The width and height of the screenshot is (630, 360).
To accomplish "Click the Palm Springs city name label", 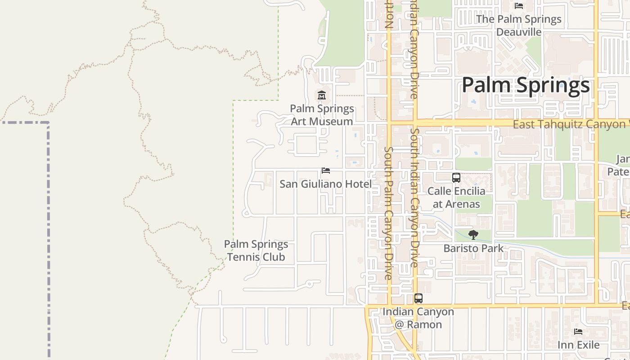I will (x=526, y=85).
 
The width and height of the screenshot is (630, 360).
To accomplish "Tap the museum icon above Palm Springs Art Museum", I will (x=322, y=95).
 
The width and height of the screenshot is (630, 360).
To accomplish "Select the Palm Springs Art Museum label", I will (x=322, y=115).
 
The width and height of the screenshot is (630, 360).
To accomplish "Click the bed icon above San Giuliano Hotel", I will (x=326, y=171).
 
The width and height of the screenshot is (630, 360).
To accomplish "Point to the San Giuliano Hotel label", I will (x=326, y=184).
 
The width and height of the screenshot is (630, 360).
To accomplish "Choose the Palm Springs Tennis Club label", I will (x=256, y=251).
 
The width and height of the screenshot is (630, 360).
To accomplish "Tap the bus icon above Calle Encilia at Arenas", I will (x=456, y=178).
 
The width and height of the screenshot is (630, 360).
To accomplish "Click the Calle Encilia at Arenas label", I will (x=456, y=198).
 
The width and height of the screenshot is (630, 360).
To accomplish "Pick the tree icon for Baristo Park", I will (x=473, y=234).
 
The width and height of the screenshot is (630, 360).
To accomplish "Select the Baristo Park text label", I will (x=473, y=248).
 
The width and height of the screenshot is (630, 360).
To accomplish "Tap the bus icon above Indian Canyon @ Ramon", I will (x=418, y=298).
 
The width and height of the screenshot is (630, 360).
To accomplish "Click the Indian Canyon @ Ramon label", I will (x=418, y=318).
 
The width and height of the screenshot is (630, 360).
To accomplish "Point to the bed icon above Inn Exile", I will (x=578, y=332).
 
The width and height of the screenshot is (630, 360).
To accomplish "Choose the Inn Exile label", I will (x=579, y=345).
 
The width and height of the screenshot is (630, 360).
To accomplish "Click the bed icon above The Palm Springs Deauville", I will (x=519, y=6).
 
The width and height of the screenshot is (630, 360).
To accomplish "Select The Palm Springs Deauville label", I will (x=519, y=26).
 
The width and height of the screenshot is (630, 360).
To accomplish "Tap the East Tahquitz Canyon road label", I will (x=569, y=124).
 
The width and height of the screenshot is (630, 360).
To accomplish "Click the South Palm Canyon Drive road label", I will (x=389, y=212).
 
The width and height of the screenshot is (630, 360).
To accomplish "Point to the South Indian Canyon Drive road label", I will (x=414, y=198).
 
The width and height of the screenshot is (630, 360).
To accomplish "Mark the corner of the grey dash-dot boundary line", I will (x=48, y=122).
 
